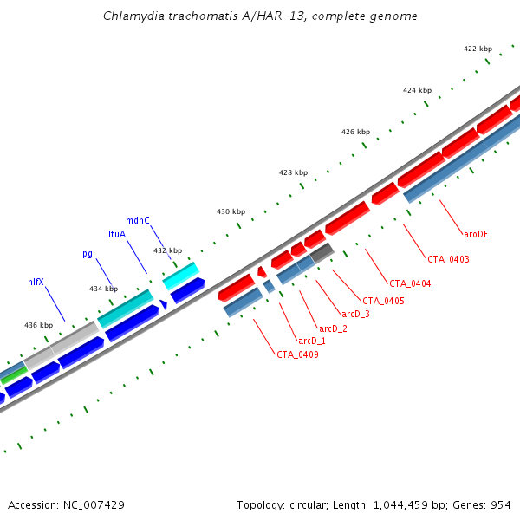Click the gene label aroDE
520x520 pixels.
coord(476,234)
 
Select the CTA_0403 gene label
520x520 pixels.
coord(448,259)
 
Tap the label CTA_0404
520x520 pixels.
coord(410,283)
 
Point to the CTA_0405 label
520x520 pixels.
coord(383,301)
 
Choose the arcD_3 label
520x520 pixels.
coord(355,314)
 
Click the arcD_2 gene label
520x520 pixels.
coord(334,328)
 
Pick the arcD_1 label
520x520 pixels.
coord(311,341)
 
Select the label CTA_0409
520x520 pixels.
coord(297,354)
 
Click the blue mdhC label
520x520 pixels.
coord(138,220)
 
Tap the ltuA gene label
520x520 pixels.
coord(117,234)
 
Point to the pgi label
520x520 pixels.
coord(88,253)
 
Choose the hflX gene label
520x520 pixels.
coord(36,282)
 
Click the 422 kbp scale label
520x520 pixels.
coord(478,49)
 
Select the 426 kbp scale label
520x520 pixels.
coord(355,132)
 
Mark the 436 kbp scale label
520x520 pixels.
coord(38,325)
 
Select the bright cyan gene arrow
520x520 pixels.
coord(181,275)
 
